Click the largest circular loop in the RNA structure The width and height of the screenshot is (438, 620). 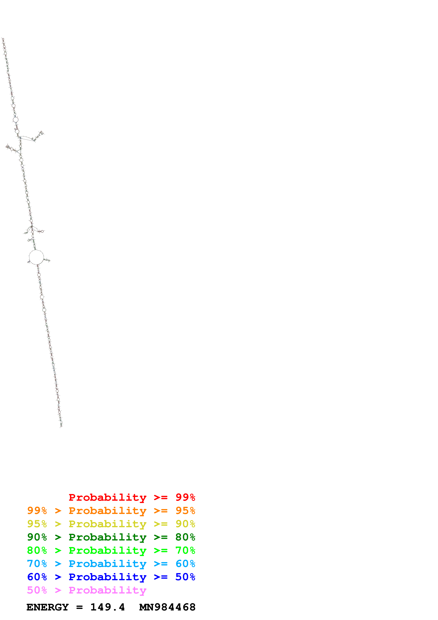36,257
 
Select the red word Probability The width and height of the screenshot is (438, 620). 107,497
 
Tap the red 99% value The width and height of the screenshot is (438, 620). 185,497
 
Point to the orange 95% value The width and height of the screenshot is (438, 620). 185,511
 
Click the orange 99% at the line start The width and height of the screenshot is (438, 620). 37,511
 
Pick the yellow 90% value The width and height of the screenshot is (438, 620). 185,524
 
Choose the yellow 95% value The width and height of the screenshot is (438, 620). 37,524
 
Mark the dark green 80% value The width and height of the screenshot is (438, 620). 185,537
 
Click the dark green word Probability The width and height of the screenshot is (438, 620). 107,537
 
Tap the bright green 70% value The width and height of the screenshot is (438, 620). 185,550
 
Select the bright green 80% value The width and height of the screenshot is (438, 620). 37,550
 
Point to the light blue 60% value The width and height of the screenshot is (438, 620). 185,564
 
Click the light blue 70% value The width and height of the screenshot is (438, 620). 37,564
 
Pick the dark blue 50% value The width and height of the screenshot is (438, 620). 185,577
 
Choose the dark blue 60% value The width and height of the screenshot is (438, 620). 37,577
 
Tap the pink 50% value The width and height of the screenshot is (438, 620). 37,590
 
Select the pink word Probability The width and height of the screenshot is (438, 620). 107,590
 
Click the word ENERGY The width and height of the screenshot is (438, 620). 48,607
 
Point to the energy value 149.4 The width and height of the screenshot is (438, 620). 107,607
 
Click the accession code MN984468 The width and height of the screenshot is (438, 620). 167,607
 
